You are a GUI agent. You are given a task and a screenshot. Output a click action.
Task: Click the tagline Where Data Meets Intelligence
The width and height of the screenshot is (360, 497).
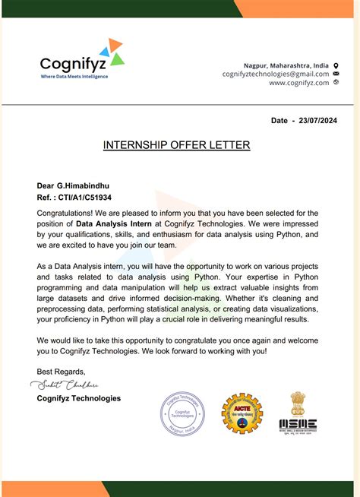pos(74,77)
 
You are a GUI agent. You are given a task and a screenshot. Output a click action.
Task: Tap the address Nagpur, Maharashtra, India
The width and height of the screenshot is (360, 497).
pos(286,65)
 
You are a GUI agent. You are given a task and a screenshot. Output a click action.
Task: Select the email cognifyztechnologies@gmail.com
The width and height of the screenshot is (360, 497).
pos(275,74)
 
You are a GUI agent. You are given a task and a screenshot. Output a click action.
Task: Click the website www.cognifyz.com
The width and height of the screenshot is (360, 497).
pos(298,83)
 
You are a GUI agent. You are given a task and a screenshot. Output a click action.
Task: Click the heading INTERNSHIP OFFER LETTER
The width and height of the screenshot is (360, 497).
pos(176,144)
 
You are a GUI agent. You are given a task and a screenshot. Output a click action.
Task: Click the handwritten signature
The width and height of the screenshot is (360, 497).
pos(66,384)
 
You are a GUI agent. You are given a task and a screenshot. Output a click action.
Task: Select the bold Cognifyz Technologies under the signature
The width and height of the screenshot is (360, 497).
pos(78,398)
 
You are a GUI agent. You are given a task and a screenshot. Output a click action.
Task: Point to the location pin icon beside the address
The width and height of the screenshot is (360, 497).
pos(336,65)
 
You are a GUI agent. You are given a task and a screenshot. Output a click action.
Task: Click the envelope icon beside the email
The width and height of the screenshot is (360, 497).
pos(336,74)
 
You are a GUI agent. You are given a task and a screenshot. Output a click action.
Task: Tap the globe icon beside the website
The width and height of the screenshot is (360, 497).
pos(336,82)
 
